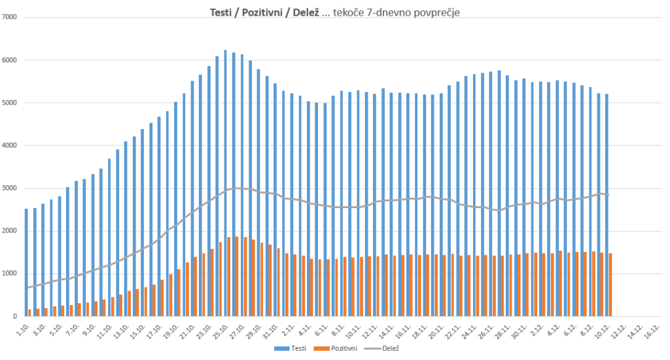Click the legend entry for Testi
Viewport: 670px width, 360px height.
point(294,348)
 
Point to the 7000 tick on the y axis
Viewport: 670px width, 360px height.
point(12,17)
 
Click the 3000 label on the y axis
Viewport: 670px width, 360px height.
point(12,189)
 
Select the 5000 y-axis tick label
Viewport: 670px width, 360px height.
point(12,103)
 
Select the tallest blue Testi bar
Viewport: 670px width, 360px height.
point(226,183)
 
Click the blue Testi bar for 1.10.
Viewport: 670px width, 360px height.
point(26,262)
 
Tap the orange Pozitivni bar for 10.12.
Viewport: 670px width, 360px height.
point(610,285)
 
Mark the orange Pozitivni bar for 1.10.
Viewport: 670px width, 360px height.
point(30,313)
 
